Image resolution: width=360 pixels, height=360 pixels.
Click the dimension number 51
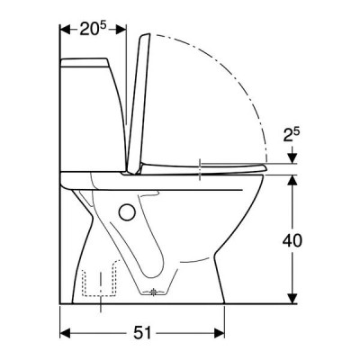click(142, 333)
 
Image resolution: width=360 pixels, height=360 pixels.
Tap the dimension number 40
click(292, 240)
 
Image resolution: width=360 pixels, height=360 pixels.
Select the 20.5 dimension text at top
click(93, 29)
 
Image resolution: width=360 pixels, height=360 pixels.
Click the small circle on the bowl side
click(127, 212)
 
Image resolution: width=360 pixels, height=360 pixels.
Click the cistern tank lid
click(85, 62)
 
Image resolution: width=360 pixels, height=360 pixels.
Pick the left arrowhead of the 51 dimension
click(65, 333)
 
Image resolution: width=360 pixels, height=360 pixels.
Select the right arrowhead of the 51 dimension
click(220, 333)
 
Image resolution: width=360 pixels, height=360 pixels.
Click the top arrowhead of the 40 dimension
click(292, 180)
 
